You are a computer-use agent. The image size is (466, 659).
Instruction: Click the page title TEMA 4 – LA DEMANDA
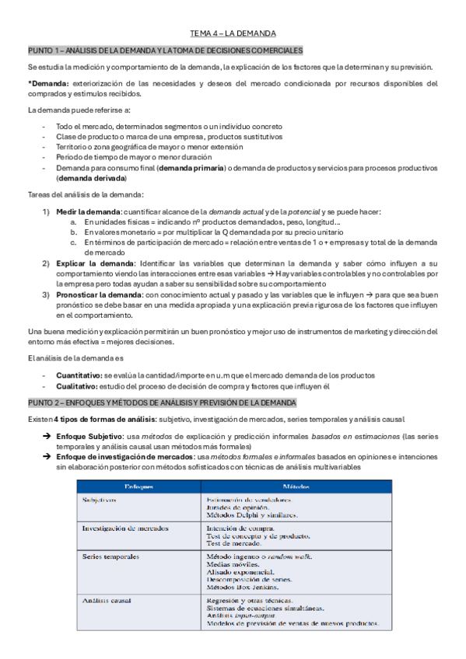(233, 33)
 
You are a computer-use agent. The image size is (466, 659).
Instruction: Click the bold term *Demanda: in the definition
(48, 84)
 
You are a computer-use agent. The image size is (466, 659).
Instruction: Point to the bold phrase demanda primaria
(189, 168)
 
